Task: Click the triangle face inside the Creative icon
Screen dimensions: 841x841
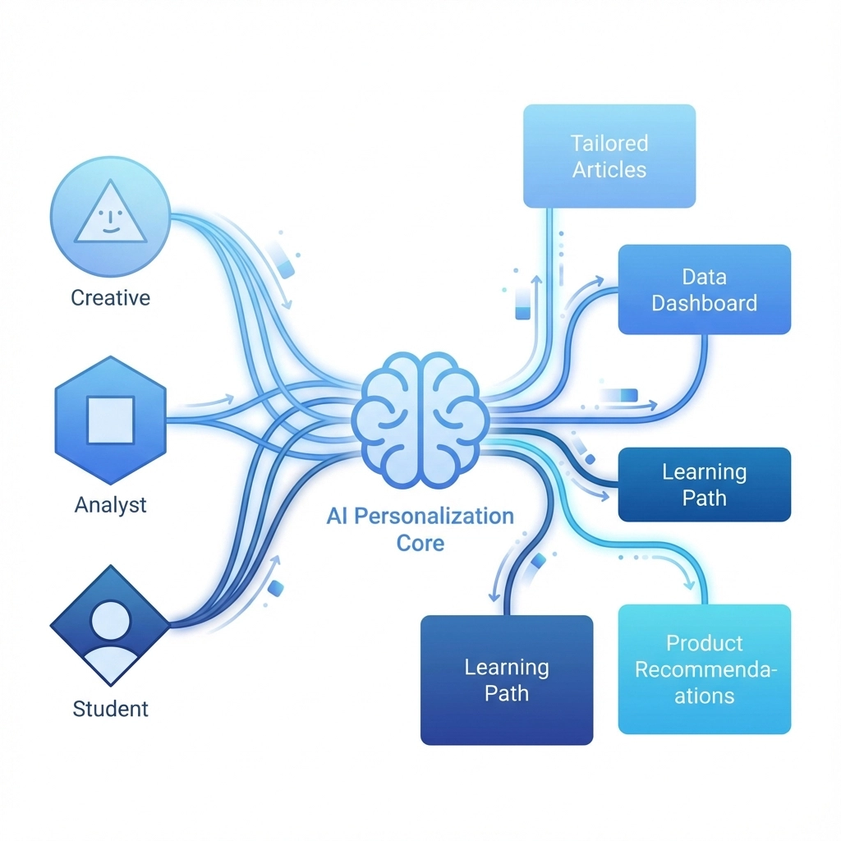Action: pos(111,215)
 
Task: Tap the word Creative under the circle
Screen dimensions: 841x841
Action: pos(111,297)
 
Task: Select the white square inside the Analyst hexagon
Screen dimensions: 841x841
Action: pos(111,420)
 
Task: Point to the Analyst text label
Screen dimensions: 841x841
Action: pos(111,503)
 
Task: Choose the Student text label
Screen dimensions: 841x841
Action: pos(111,708)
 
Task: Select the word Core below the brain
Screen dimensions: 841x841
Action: pos(420,543)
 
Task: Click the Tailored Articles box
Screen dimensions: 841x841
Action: pos(609,156)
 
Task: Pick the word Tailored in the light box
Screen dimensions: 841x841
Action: pos(609,144)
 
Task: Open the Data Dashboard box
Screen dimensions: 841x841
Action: pos(704,289)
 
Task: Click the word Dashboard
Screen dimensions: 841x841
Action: pos(704,303)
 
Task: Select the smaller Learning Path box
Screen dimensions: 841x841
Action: pos(704,485)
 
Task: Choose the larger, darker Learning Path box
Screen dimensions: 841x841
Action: pos(507,680)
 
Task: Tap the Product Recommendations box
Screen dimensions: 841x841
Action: pos(704,669)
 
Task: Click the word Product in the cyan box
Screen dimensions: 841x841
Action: pos(704,643)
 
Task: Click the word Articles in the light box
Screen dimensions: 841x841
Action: pos(609,170)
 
